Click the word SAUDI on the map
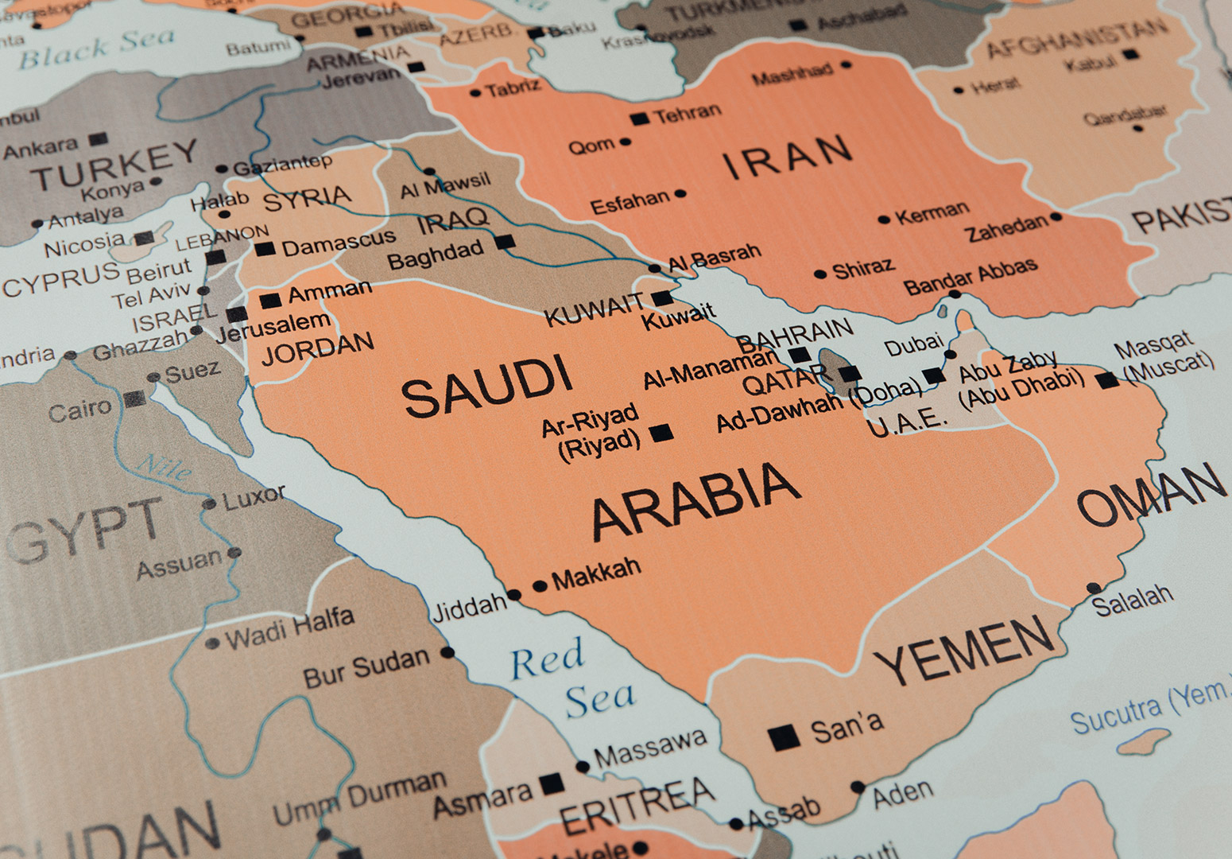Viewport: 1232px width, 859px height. point(486,387)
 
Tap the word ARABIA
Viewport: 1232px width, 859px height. point(695,499)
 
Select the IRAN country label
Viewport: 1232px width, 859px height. point(787,156)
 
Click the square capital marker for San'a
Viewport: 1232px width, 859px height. point(784,737)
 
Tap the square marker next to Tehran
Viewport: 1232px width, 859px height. point(638,119)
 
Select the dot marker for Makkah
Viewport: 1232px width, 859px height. point(540,586)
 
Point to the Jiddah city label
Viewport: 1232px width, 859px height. point(468,608)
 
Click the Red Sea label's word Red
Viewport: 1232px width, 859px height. point(547,659)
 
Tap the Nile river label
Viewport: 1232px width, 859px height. point(165,466)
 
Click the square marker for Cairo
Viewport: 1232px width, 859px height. point(135,398)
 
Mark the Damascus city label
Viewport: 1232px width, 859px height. point(339,243)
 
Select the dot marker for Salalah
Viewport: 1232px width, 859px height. point(1094,589)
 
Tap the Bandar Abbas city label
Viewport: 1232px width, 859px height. point(970,275)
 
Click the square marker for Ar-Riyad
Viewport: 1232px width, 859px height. point(661,433)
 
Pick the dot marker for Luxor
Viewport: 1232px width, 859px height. point(209,503)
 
